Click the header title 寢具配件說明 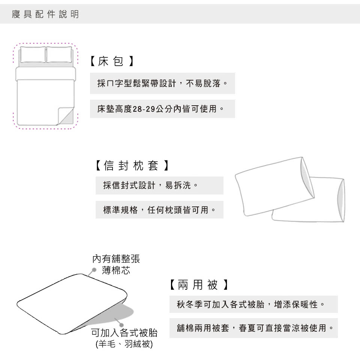(45, 14)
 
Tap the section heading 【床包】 (112, 61)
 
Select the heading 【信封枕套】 (132, 166)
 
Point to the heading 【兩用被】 (199, 285)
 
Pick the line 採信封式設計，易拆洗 (150, 185)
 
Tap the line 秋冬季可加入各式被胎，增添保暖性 (251, 304)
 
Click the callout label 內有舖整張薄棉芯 (116, 264)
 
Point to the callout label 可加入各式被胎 (124, 333)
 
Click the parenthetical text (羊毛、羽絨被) (124, 344)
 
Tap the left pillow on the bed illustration (33, 54)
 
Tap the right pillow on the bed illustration (59, 54)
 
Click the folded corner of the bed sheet (66, 116)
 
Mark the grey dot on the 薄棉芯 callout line (94, 270)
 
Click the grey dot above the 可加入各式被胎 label (121, 325)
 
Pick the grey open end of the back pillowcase (341, 200)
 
